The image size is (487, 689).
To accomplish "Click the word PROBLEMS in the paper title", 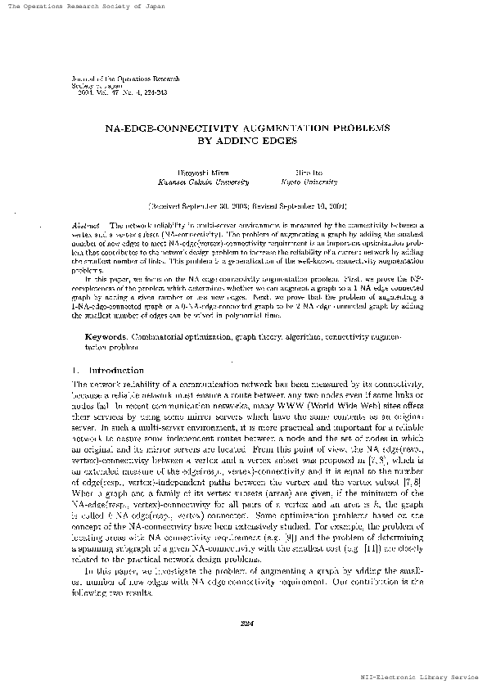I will coord(354,128).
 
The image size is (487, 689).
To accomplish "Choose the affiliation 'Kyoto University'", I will coord(304,183).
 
